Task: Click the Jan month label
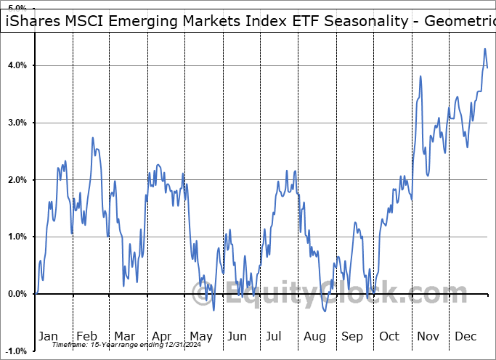tap(48, 336)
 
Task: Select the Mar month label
tap(123, 336)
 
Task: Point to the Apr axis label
tap(161, 336)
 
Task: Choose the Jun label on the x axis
tap(237, 336)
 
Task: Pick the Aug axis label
tap(314, 336)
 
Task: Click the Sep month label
tap(352, 336)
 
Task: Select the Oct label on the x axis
tap(389, 336)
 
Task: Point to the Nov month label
tap(428, 336)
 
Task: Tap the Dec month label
tap(465, 336)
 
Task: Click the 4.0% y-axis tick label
tap(17, 66)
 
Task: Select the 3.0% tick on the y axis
tap(17, 123)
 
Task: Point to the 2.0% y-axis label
tap(17, 180)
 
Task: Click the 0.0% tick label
tap(17, 294)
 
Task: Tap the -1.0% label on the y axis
tap(15, 351)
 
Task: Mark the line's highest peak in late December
tap(484, 49)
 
